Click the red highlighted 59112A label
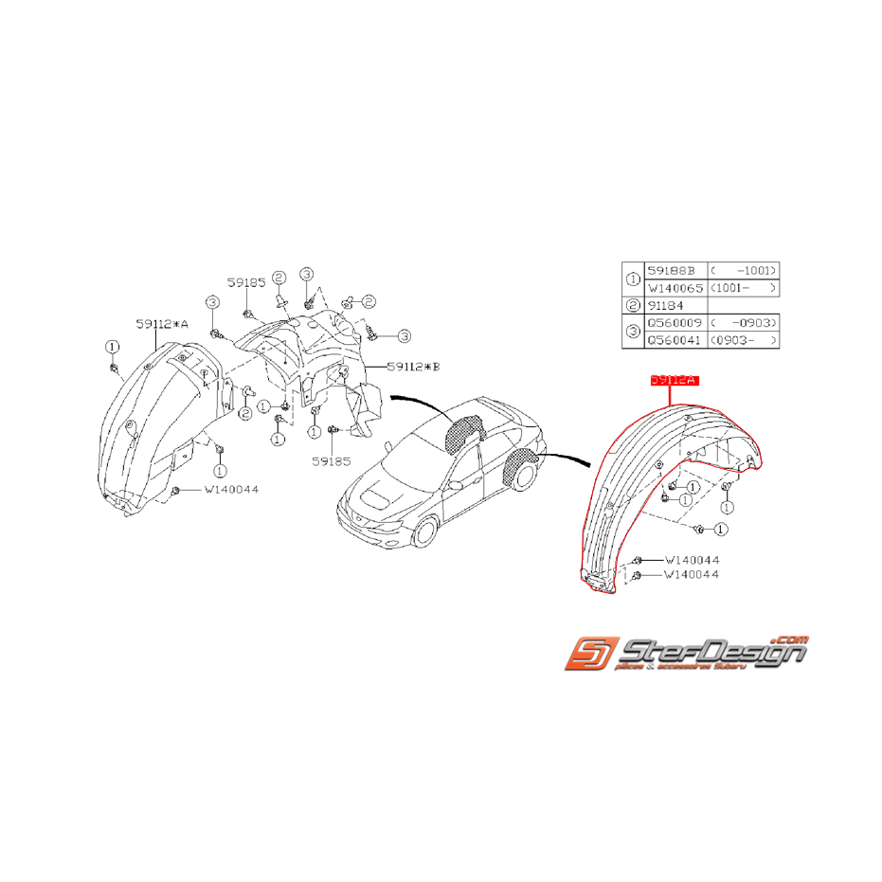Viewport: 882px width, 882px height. tap(673, 380)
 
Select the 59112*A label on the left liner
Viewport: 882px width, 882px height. tap(162, 324)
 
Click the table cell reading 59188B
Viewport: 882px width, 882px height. tap(675, 270)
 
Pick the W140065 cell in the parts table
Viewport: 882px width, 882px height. tap(675, 287)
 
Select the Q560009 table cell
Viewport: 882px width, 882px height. tap(675, 323)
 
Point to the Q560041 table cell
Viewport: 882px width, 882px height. tap(675, 340)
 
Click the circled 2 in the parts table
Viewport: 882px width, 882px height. tap(633, 305)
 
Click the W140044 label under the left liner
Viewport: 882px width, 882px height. tap(230, 490)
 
